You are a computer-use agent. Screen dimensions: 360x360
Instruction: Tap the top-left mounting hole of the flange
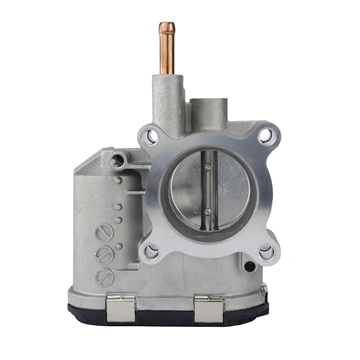(x=151, y=136)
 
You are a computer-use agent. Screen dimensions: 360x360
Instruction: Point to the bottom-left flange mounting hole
(x=151, y=252)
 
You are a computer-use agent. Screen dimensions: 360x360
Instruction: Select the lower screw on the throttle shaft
(x=207, y=211)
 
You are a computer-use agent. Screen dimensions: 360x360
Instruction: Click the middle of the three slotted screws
(x=103, y=256)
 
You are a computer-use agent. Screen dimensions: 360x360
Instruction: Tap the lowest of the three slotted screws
(x=104, y=277)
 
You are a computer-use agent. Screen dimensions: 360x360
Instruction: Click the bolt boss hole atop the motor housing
(x=118, y=158)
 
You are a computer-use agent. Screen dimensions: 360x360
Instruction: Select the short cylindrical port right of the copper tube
(x=207, y=110)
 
